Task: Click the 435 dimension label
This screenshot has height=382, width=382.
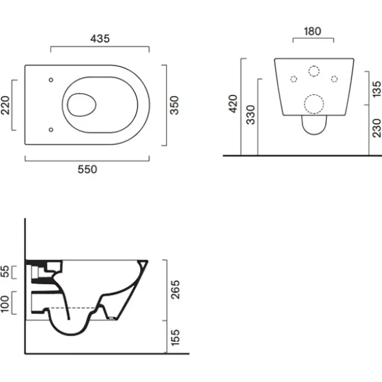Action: (x=100, y=39)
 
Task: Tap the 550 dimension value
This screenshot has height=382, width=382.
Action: (x=87, y=169)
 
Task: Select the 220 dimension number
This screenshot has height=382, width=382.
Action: (x=5, y=105)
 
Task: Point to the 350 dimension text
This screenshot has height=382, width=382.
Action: (x=174, y=105)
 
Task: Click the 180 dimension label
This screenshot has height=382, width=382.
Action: (x=313, y=31)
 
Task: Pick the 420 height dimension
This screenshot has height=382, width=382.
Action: (x=233, y=104)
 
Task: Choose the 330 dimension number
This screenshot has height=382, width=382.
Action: (x=250, y=115)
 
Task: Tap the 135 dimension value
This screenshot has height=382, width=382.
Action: (x=377, y=89)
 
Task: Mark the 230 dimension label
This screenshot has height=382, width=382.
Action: (x=377, y=128)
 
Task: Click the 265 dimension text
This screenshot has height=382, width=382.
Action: (x=175, y=290)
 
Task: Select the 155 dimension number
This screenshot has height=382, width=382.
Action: (x=175, y=337)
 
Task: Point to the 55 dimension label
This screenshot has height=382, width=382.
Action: (x=5, y=272)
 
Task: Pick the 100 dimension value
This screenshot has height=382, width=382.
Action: (x=4, y=304)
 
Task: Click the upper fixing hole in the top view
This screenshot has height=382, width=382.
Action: (x=51, y=80)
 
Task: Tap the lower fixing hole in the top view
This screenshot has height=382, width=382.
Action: (x=51, y=130)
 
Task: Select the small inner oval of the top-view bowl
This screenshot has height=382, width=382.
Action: (x=81, y=105)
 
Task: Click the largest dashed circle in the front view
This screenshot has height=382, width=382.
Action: (x=314, y=104)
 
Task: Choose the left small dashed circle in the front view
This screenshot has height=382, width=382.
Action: (x=294, y=79)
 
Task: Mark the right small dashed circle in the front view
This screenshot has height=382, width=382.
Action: (x=334, y=79)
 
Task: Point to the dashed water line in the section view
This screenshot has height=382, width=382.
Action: (x=72, y=308)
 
